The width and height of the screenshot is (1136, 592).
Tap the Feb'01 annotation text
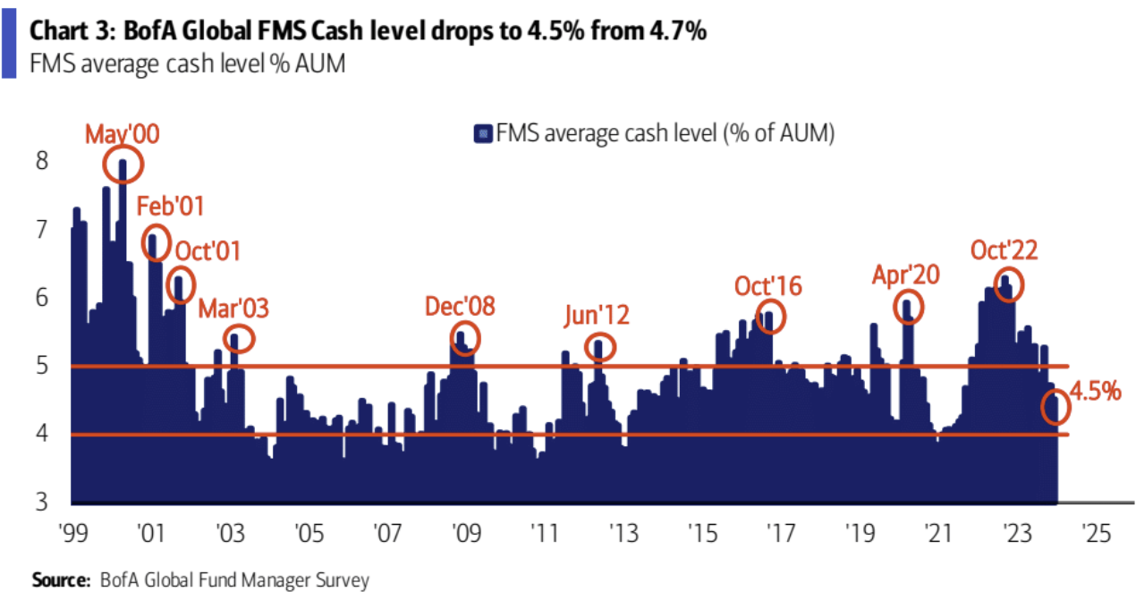[x=170, y=207]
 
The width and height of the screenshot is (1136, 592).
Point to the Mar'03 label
[x=233, y=309]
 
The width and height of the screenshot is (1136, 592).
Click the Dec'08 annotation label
[x=460, y=307]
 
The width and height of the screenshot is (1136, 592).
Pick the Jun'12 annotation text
[x=597, y=315]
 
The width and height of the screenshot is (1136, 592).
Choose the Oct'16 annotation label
[x=768, y=286]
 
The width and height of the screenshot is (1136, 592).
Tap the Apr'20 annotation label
[x=906, y=275]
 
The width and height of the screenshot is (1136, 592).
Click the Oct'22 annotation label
[x=1005, y=250]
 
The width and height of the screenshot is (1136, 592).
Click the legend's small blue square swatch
[x=480, y=134]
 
